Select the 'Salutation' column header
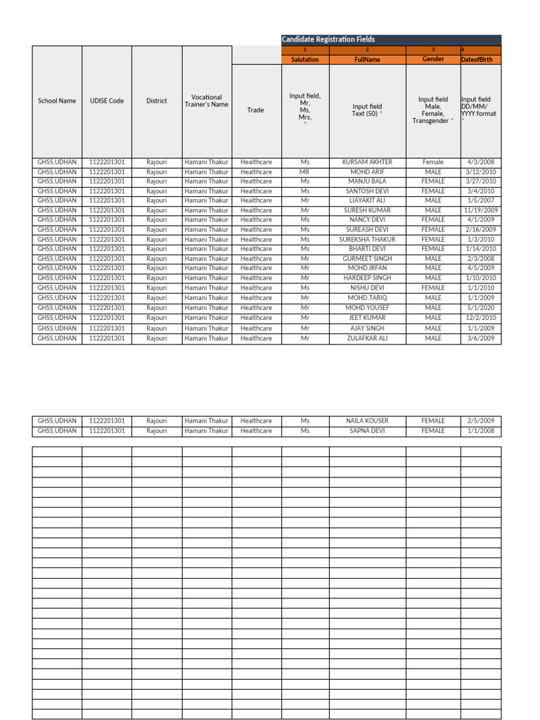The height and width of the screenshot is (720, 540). (304, 60)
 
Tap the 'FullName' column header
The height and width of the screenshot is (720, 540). (367, 60)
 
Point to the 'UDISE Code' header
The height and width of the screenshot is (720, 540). (107, 101)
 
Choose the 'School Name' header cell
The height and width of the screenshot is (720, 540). (57, 101)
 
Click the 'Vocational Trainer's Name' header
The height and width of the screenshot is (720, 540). (207, 101)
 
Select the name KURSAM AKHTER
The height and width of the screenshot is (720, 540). (367, 162)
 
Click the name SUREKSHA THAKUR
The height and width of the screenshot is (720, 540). (367, 239)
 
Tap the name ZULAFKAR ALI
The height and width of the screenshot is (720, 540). (367, 338)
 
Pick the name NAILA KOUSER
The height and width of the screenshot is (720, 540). (367, 420)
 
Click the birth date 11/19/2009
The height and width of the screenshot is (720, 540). (481, 210)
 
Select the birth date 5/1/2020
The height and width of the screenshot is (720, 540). (481, 307)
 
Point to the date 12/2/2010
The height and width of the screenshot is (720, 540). (481, 318)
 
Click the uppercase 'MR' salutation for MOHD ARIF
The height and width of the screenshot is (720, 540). (304, 172)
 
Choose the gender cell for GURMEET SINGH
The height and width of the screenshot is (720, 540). (433, 259)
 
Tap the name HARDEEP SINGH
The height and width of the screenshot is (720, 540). (367, 278)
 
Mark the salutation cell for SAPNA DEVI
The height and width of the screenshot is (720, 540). (304, 430)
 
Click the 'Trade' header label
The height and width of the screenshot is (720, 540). (256, 110)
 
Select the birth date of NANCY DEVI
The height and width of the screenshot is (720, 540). (481, 219)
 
